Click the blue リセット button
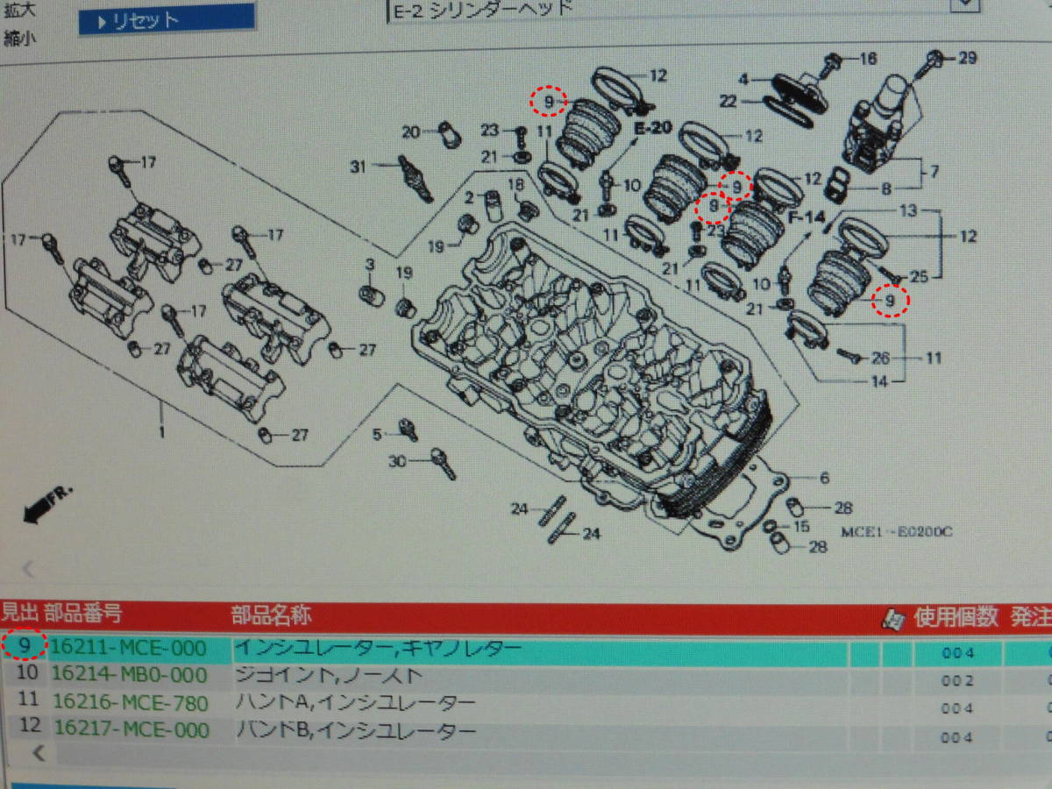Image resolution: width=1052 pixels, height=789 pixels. (167, 19)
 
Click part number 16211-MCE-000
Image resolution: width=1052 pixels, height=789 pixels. (129, 649)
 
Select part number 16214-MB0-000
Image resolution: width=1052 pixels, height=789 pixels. (129, 675)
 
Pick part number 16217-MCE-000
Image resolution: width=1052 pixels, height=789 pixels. (131, 730)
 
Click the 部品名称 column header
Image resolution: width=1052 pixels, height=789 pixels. (271, 615)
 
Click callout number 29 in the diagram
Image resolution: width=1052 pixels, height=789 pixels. (966, 59)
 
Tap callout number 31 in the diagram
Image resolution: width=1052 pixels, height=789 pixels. (357, 167)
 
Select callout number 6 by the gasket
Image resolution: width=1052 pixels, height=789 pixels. (824, 478)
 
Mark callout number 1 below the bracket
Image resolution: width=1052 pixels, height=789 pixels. (160, 431)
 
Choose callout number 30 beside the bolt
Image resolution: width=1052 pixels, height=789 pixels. (397, 461)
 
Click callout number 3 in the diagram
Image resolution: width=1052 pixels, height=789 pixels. (370, 264)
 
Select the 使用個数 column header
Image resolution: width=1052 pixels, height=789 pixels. (956, 616)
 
